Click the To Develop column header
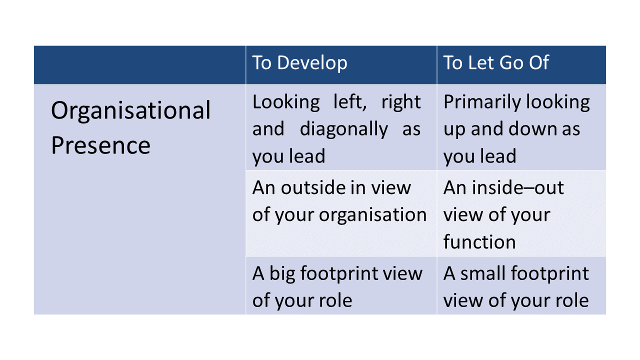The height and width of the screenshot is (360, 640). point(299,63)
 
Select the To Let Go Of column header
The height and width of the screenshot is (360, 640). point(496,62)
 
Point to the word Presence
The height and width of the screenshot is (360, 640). point(100,145)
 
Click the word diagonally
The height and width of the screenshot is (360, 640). point(343,129)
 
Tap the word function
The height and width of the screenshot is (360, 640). point(479,241)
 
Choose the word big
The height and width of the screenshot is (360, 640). point(282,274)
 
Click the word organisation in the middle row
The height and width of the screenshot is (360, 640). point(372,215)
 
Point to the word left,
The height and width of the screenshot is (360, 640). point(350,102)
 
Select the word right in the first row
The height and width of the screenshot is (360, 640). point(401,103)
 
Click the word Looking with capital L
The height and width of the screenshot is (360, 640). point(286,103)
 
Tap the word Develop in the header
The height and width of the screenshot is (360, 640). point(312,63)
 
